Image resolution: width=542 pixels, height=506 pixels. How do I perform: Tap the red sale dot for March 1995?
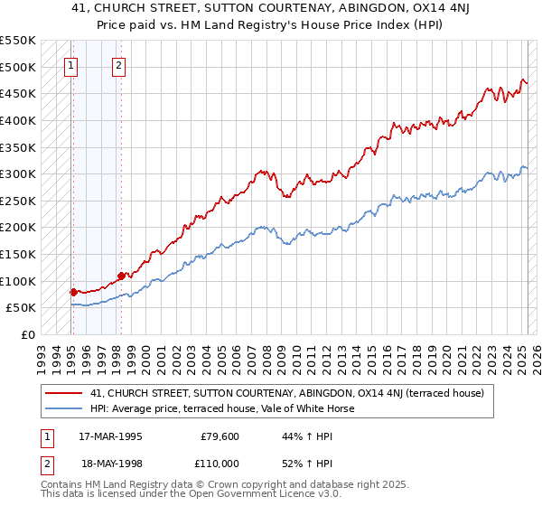click(73, 291)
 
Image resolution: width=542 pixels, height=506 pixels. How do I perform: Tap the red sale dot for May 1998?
click(121, 275)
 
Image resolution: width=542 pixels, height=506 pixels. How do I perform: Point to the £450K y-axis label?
click(18, 93)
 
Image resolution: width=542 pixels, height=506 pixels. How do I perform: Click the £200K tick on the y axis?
click(18, 227)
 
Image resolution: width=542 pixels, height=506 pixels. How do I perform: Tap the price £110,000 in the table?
click(218, 463)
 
